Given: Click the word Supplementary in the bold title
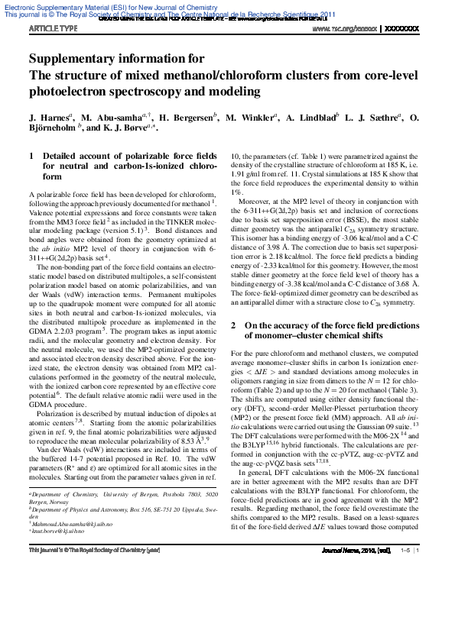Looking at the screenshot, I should point(74,59).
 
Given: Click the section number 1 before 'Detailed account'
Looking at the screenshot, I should point(31,156).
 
